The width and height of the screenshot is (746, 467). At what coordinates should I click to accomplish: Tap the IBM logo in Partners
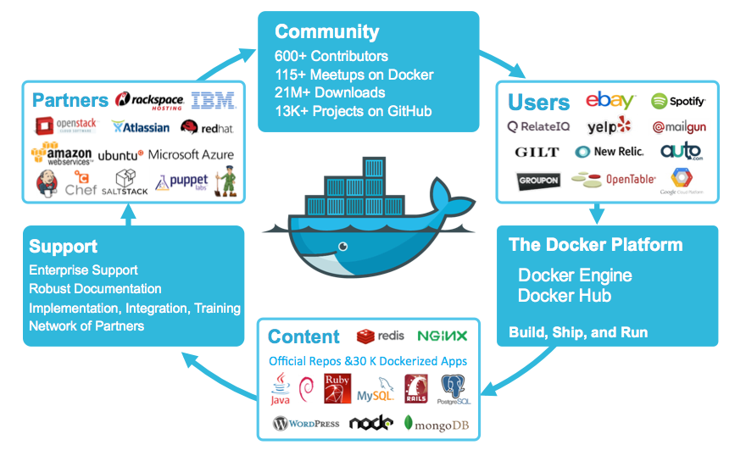(x=213, y=101)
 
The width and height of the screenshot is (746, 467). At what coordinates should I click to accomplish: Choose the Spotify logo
(x=678, y=102)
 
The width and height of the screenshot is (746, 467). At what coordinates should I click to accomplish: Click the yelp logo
(x=610, y=126)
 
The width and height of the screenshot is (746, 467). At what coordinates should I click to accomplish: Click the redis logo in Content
(x=381, y=336)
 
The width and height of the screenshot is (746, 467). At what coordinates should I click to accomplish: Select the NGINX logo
(x=442, y=336)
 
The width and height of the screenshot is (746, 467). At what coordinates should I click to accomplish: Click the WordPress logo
(x=306, y=423)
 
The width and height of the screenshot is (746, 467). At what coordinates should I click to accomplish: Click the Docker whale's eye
(x=342, y=248)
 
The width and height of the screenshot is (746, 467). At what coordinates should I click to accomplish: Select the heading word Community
(x=326, y=32)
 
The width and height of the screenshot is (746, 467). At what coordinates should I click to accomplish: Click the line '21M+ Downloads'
(x=330, y=92)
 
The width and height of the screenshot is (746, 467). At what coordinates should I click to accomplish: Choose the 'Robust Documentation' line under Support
(x=95, y=289)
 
